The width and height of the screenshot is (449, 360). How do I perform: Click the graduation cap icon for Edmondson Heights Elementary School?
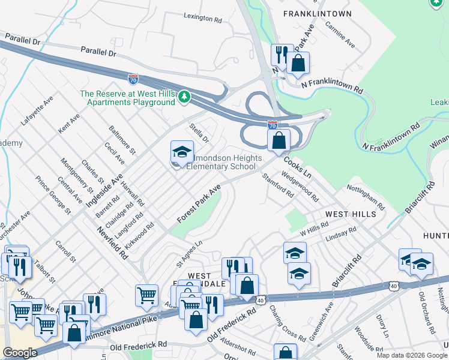[182, 152]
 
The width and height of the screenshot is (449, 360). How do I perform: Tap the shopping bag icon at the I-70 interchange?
[279, 142]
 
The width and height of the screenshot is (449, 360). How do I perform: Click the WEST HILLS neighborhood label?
[351, 214]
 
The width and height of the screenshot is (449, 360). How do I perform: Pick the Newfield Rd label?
[113, 242]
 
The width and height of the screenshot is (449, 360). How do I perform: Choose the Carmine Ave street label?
[340, 35]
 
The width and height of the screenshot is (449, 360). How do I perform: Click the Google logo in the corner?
[20, 353]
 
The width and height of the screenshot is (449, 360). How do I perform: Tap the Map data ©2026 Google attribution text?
[412, 355]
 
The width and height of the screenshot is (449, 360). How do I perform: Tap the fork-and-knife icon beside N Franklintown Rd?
[280, 55]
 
